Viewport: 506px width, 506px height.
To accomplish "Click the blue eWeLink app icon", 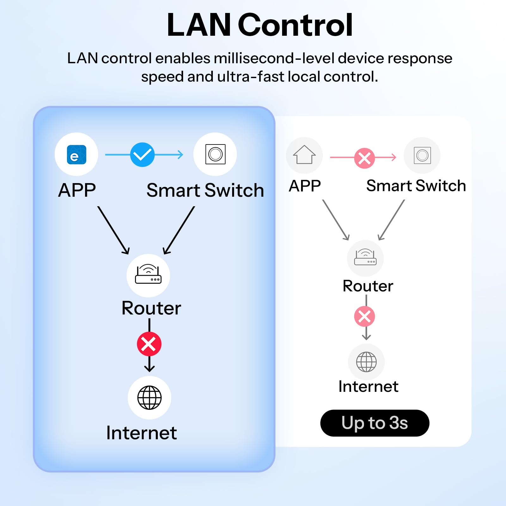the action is pyautogui.click(x=77, y=155).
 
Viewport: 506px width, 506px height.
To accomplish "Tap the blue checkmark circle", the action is pyautogui.click(x=142, y=155).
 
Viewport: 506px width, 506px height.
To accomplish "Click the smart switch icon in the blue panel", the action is pyautogui.click(x=215, y=154).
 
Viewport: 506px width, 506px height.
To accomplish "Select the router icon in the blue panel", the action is pyautogui.click(x=148, y=274).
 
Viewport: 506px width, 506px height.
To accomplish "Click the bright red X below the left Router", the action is pyautogui.click(x=149, y=344).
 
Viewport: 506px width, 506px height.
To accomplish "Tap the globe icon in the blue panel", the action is pyautogui.click(x=150, y=398).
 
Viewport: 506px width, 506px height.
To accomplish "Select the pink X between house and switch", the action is pyautogui.click(x=364, y=158).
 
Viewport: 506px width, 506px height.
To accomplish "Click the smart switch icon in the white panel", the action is pyautogui.click(x=423, y=155).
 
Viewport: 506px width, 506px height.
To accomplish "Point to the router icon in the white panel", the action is pyautogui.click(x=365, y=257).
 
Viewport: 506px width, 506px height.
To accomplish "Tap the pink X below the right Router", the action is pyautogui.click(x=365, y=316).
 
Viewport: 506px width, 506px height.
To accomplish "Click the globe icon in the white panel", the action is pyautogui.click(x=367, y=362).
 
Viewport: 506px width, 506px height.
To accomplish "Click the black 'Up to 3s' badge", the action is pyautogui.click(x=375, y=423).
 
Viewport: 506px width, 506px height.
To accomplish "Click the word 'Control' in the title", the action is pyautogui.click(x=295, y=25).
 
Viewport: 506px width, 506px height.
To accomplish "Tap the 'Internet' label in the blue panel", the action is pyautogui.click(x=141, y=433).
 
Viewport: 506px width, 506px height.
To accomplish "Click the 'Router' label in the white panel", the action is pyautogui.click(x=368, y=286).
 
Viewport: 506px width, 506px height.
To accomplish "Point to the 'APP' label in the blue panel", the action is pyautogui.click(x=77, y=190).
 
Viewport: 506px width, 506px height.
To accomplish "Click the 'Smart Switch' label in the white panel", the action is pyautogui.click(x=416, y=186).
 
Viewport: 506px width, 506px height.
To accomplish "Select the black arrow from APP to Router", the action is pyautogui.click(x=113, y=230).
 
